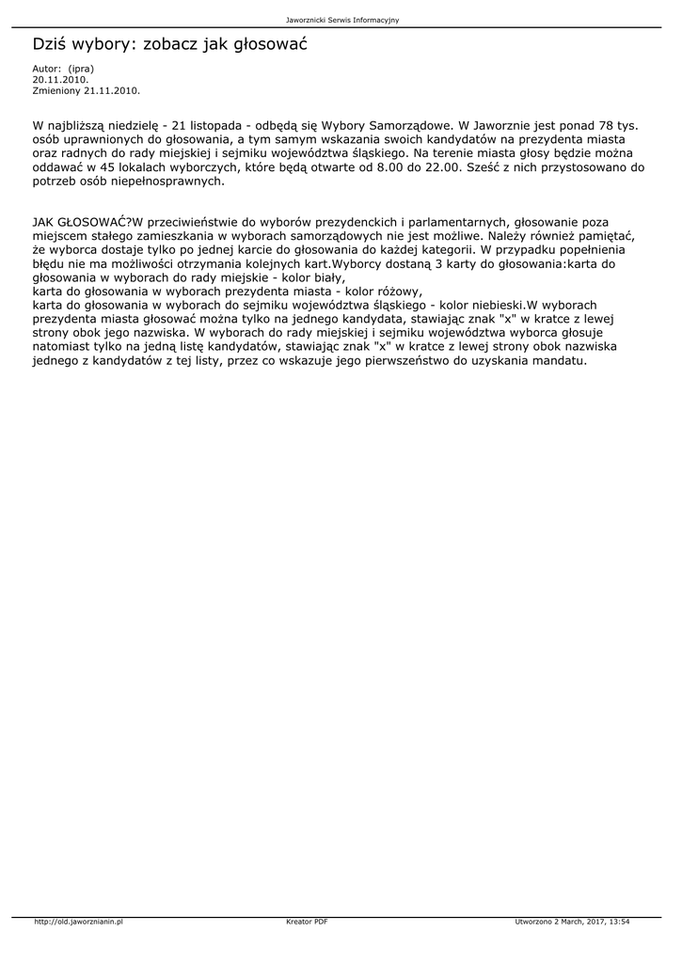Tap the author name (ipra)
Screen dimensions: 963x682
[82, 69]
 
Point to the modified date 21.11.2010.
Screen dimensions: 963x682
[112, 91]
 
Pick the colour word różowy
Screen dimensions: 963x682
[399, 292]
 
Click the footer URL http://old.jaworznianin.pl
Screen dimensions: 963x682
[78, 922]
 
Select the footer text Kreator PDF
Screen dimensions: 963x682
[307, 922]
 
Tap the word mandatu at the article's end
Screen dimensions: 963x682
[560, 360]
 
